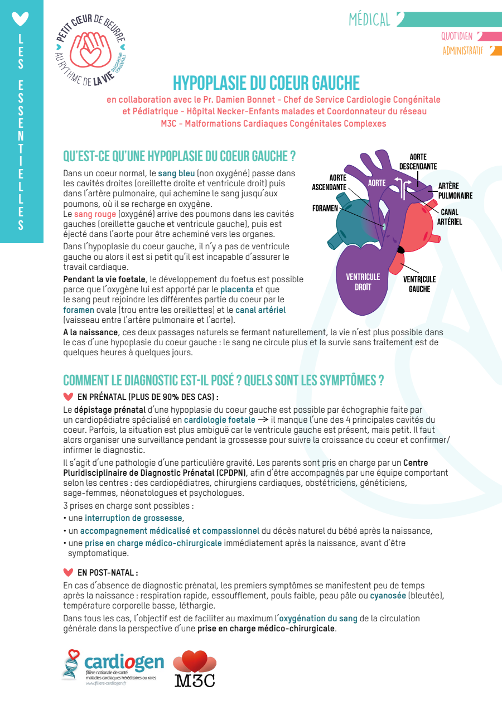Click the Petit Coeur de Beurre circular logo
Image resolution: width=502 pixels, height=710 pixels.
90,50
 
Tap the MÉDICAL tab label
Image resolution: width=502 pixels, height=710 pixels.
369,20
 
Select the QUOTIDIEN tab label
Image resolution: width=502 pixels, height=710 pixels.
457,36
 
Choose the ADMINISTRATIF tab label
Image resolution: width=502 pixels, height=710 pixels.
463,51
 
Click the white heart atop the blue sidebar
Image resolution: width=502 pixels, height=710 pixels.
20,19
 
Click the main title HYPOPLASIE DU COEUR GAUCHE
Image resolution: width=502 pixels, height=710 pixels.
266,83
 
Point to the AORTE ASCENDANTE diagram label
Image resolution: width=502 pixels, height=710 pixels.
329,182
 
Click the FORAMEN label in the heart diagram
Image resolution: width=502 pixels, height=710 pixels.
325,208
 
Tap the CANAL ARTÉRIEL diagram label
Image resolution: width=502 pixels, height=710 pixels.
450,217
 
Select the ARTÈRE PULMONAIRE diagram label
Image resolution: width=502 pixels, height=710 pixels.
455,191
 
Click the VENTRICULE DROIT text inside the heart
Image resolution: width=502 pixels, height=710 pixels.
363,282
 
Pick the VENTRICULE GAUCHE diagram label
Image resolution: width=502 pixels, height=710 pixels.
419,284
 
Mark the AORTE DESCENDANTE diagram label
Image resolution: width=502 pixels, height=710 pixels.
418,162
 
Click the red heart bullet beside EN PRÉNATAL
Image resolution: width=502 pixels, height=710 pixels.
68,397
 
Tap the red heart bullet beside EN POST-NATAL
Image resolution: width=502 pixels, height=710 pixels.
68,572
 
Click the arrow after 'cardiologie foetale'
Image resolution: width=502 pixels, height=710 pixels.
263,419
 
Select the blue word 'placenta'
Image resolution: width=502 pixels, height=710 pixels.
236,289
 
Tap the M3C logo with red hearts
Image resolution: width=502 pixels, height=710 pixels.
195,668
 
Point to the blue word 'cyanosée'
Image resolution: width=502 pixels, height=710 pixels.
388,596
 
